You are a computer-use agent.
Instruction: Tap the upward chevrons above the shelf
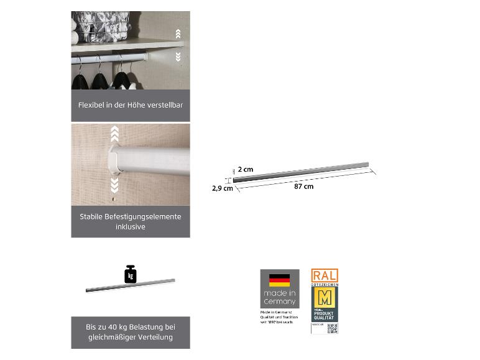[178, 34]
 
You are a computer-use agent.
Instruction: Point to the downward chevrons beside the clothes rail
[178, 57]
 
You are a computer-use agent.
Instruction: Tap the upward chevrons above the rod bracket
[114, 133]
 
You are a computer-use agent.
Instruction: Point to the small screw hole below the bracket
[113, 199]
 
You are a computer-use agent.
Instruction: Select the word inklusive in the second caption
[131, 227]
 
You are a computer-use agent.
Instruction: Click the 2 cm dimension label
[246, 170]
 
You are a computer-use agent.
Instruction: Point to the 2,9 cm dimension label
[223, 188]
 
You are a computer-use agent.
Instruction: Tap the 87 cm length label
[303, 187]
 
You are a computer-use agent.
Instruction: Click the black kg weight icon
[131, 275]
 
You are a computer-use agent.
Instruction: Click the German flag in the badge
[279, 280]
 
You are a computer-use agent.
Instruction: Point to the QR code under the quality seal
[333, 328]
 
